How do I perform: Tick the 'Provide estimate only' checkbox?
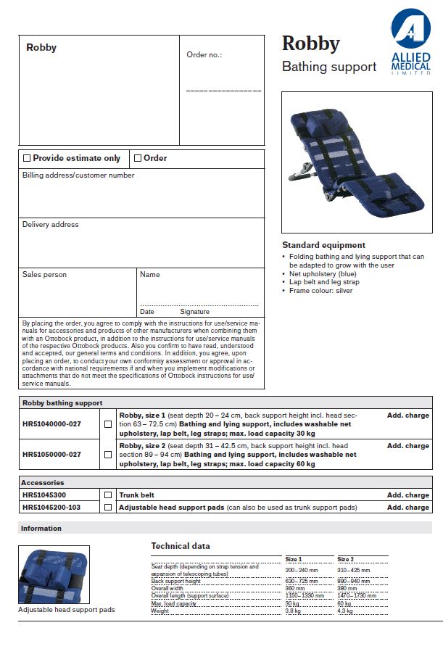pyautogui.click(x=27, y=158)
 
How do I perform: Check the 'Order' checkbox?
pyautogui.click(x=138, y=158)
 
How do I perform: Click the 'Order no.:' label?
pyautogui.click(x=204, y=54)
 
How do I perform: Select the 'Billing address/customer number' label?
pyautogui.click(x=78, y=175)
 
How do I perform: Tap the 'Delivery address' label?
pyautogui.click(x=50, y=225)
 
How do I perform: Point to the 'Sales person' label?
pyautogui.click(x=44, y=275)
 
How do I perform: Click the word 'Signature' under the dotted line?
pyautogui.click(x=194, y=312)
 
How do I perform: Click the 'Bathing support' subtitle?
pyautogui.click(x=328, y=67)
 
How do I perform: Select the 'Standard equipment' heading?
pyautogui.click(x=323, y=245)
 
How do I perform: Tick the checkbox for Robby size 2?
pyautogui.click(x=108, y=455)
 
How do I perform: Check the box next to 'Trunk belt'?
pyautogui.click(x=108, y=495)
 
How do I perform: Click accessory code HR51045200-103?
pyautogui.click(x=51, y=508)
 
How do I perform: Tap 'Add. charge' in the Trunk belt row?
pyautogui.click(x=407, y=495)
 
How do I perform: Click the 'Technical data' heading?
pyautogui.click(x=181, y=546)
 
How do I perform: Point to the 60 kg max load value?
pyautogui.click(x=344, y=603)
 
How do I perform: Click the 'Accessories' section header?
pyautogui.click(x=43, y=482)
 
